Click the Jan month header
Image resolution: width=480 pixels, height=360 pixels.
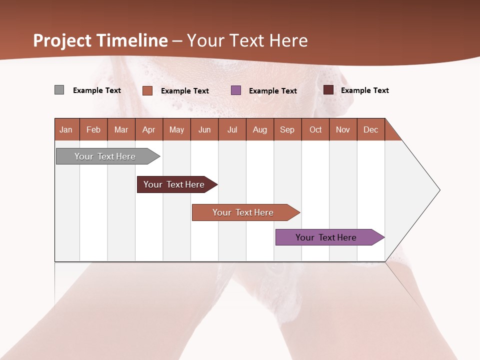pyautogui.click(x=66, y=129)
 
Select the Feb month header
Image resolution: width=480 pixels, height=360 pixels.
pyautogui.click(x=93, y=129)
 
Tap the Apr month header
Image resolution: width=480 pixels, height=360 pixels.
pyautogui.click(x=148, y=129)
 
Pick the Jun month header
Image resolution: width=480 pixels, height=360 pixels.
pyautogui.click(x=204, y=129)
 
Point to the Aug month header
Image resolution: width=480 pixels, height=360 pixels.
pyautogui.click(x=259, y=129)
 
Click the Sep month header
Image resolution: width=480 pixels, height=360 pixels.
pyautogui.click(x=287, y=129)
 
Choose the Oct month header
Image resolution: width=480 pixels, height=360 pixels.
pyautogui.click(x=315, y=129)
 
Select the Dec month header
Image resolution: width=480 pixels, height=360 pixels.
pyautogui.click(x=370, y=129)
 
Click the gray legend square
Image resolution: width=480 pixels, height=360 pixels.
pyautogui.click(x=59, y=90)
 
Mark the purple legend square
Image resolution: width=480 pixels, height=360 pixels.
pyautogui.click(x=236, y=90)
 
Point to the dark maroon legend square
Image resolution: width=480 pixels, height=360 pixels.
pyautogui.click(x=328, y=90)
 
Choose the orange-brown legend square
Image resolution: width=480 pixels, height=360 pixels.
pyautogui.click(x=147, y=90)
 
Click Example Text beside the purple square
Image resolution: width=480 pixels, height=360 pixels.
pyautogui.click(x=272, y=91)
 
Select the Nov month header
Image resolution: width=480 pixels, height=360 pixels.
pyautogui.click(x=342, y=129)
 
